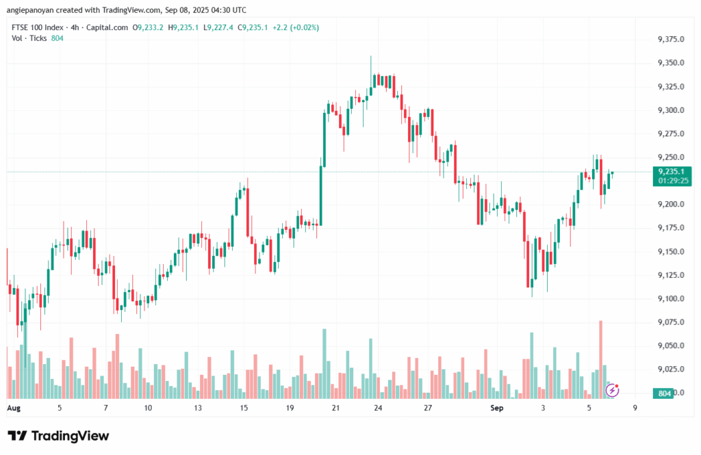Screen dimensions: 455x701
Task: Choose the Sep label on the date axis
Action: [x=498, y=408]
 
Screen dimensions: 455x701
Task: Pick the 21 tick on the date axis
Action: [x=336, y=408]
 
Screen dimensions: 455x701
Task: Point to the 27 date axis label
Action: [x=428, y=408]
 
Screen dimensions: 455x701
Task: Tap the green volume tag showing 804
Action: [x=664, y=393]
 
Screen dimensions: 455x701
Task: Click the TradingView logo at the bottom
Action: [x=58, y=436]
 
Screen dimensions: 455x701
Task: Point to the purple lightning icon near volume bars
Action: [x=613, y=390]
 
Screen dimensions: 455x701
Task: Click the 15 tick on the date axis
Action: [x=243, y=408]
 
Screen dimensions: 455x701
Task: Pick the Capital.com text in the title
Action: [x=110, y=27]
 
